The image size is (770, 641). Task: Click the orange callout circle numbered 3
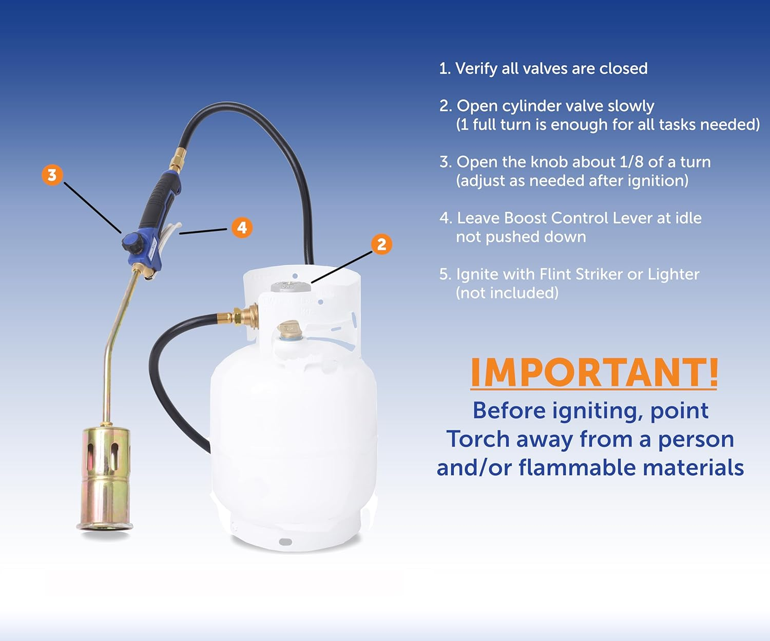pyautogui.click(x=52, y=175)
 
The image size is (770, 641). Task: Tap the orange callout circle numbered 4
pyautogui.click(x=242, y=227)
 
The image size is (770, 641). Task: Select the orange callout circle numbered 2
pyautogui.click(x=381, y=244)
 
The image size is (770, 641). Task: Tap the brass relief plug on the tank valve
pyautogui.click(x=288, y=329)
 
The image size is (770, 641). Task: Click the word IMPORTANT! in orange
pyautogui.click(x=594, y=372)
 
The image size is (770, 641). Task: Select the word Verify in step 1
pyautogui.click(x=476, y=69)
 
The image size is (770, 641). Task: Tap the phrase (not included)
pyautogui.click(x=507, y=293)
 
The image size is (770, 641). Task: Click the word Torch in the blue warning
pyautogui.click(x=478, y=439)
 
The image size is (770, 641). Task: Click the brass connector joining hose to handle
pyautogui.click(x=178, y=158)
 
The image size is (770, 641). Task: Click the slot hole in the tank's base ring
pyautogui.click(x=285, y=542)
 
